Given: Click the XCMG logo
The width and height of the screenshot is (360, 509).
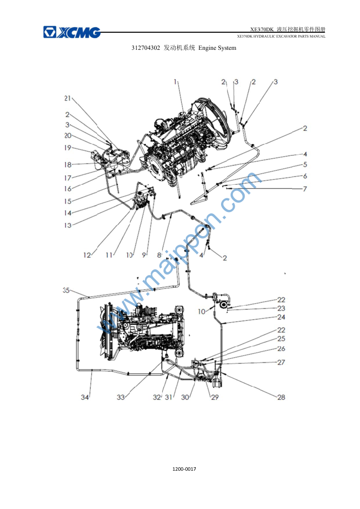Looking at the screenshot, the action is [x=72, y=32].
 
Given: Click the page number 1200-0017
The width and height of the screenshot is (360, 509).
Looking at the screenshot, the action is [x=184, y=469].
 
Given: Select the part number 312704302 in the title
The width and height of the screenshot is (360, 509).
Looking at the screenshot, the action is [x=146, y=48].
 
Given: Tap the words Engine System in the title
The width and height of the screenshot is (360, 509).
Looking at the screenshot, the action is [x=217, y=48].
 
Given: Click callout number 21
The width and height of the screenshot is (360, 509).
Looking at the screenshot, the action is [x=67, y=98].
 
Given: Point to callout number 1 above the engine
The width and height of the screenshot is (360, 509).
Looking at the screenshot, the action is [x=175, y=82].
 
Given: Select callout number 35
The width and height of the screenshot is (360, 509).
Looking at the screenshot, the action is [x=66, y=290].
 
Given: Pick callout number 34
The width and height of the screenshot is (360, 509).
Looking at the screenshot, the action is [x=85, y=397].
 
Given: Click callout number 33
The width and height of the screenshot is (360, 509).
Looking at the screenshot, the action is [x=121, y=397].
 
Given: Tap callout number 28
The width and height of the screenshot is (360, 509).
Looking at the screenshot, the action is [x=281, y=397].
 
